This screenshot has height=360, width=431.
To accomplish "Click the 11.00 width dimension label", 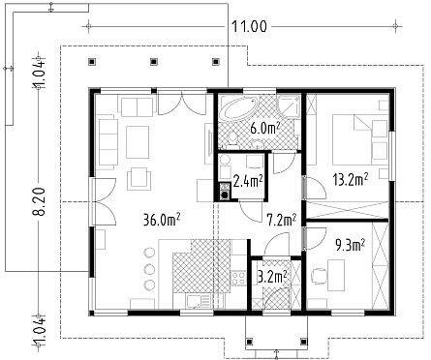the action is tap(249, 26).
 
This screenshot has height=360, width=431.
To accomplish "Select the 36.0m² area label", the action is tap(161, 221).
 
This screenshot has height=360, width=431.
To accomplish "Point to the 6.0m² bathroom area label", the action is tap(264, 128).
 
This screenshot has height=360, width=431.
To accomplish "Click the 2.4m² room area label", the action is tap(248, 182).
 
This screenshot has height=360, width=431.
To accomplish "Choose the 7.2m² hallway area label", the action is tap(282, 221).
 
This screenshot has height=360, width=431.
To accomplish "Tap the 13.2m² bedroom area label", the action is tap(351, 179).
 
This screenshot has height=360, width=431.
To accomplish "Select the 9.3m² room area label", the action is tap(350, 246).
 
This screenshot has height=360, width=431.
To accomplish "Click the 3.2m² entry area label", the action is tap(273, 277).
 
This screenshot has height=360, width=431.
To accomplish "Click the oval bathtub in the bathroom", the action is tap(238, 109).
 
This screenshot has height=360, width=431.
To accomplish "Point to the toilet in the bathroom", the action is tap(231, 139).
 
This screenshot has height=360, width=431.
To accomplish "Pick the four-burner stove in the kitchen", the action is tap(238, 278).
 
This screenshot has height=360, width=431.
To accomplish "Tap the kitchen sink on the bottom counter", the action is tap(198, 302).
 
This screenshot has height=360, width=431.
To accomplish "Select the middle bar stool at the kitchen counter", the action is tap(149, 268).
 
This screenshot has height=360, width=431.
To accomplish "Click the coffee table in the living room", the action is tap(138, 142).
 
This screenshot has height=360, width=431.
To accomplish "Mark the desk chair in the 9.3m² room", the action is tap(319, 276).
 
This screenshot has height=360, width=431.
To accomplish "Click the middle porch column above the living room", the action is tap(154, 61).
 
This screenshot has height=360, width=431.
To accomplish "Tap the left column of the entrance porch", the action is tap(249, 342).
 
